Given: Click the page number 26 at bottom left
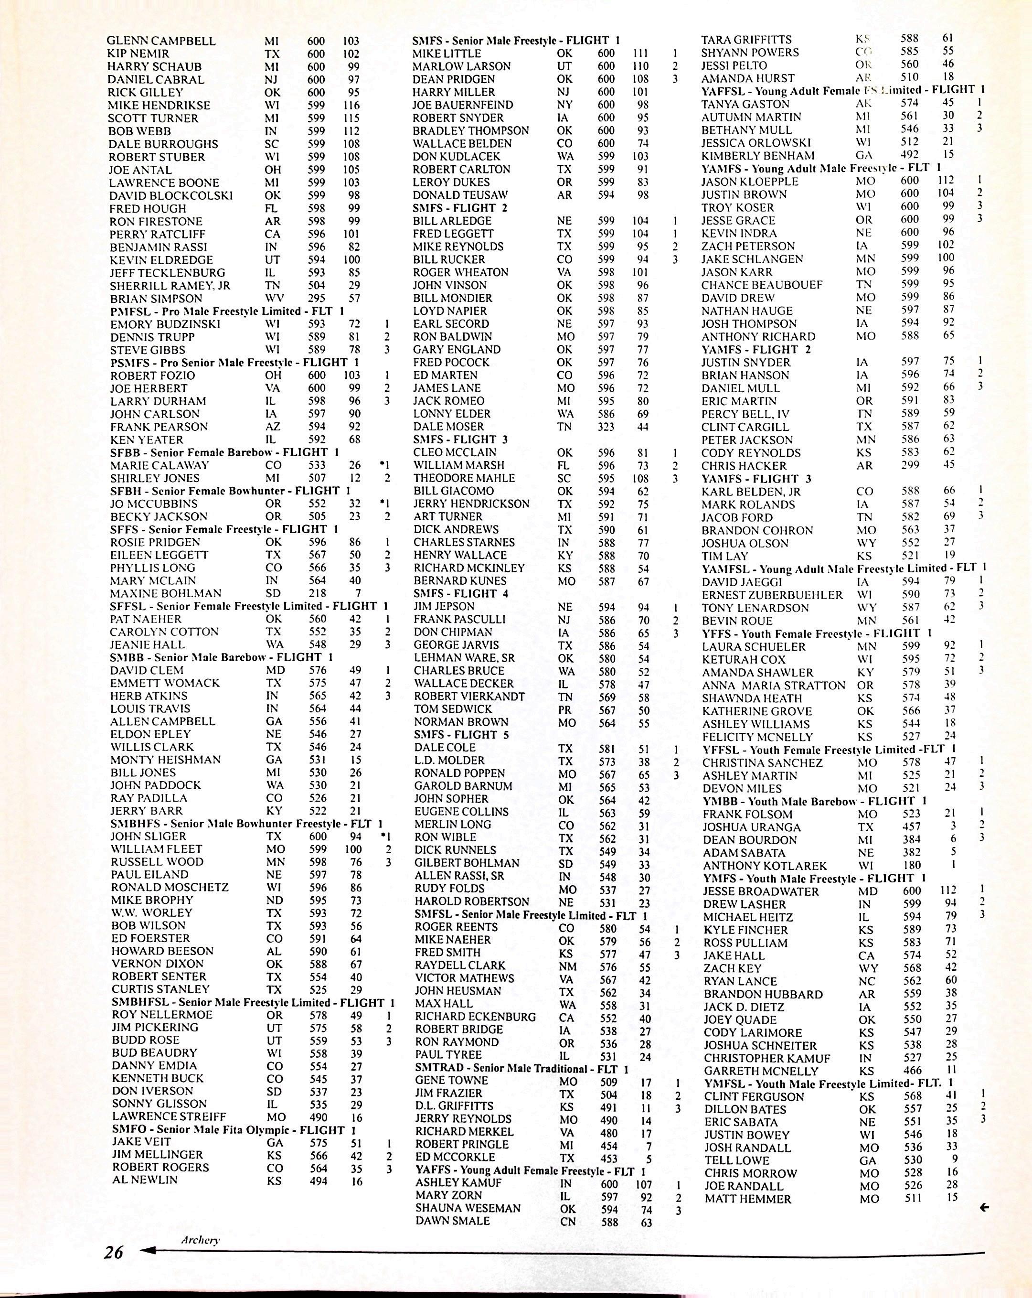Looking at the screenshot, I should (113, 1252).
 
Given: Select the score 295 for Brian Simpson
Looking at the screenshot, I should (317, 298).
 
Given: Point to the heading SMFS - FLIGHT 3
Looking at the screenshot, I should (460, 440).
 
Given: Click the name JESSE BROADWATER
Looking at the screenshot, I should (761, 891).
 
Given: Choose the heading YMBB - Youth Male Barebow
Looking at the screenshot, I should (815, 801).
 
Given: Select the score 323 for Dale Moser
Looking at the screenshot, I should (606, 427).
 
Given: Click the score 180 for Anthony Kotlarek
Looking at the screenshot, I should (912, 865).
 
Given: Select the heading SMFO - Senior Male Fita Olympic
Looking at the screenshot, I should (234, 1130).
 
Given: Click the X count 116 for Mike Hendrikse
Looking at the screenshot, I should (351, 106).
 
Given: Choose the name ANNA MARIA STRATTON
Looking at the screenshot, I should (774, 685).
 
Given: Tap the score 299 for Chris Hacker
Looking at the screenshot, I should (910, 465).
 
